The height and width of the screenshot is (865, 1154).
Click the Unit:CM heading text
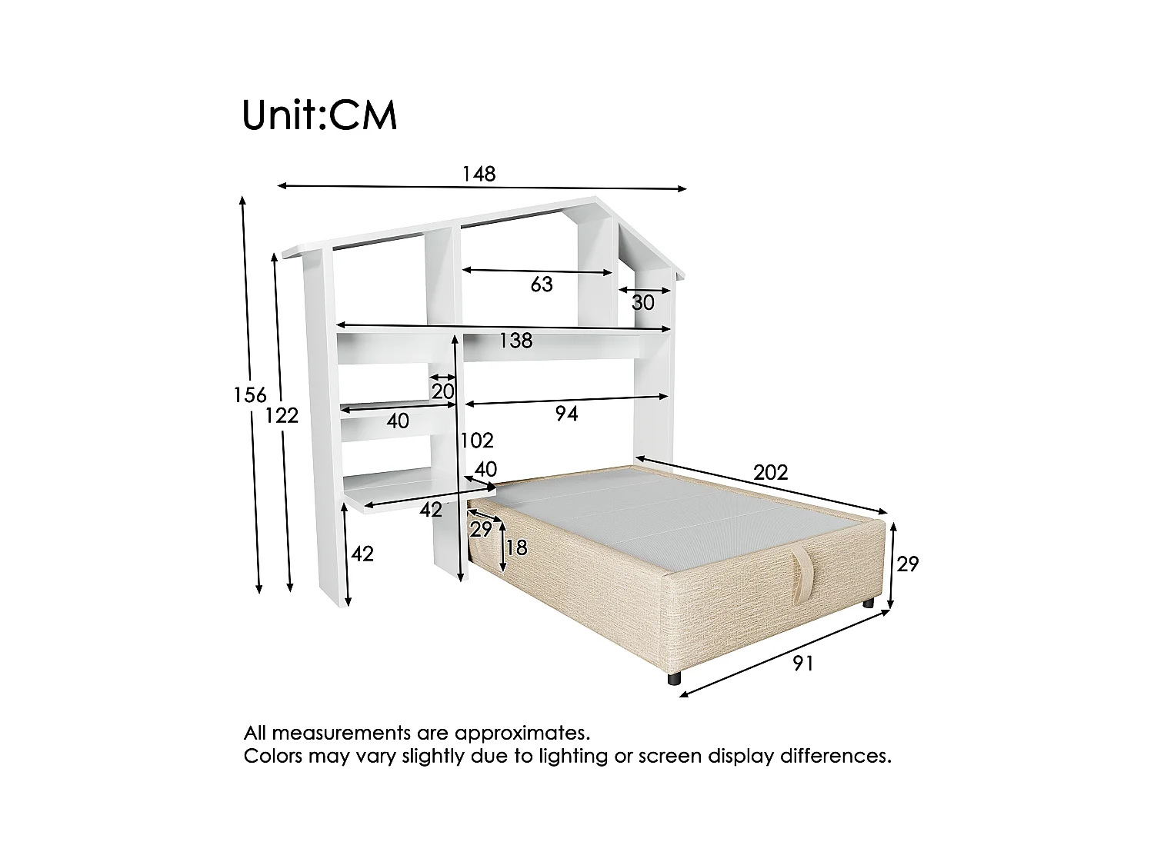[319, 115]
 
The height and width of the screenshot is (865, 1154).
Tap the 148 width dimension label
[479, 174]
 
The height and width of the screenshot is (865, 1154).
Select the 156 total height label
[250, 395]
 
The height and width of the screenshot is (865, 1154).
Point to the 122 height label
[282, 415]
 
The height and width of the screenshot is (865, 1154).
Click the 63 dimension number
[542, 284]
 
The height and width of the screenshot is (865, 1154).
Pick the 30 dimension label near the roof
[643, 303]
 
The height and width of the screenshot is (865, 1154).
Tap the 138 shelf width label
[515, 341]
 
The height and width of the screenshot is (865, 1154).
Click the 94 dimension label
[566, 414]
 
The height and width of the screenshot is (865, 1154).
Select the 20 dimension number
[442, 391]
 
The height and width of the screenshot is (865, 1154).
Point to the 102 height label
[477, 441]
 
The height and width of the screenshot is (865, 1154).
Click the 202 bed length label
[770, 471]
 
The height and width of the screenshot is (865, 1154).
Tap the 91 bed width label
[802, 663]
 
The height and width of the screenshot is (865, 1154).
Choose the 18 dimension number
[517, 547]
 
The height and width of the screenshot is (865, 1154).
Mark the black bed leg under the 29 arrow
[868, 604]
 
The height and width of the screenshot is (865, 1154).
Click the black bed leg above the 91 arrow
[675, 680]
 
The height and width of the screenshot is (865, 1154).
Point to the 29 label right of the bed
[908, 564]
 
